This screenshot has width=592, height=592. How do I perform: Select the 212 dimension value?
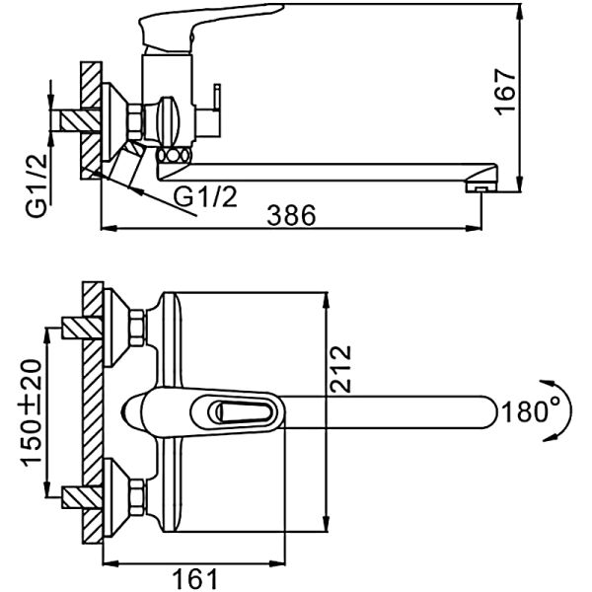(340, 369)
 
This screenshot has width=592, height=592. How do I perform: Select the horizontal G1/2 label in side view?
(205, 196)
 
